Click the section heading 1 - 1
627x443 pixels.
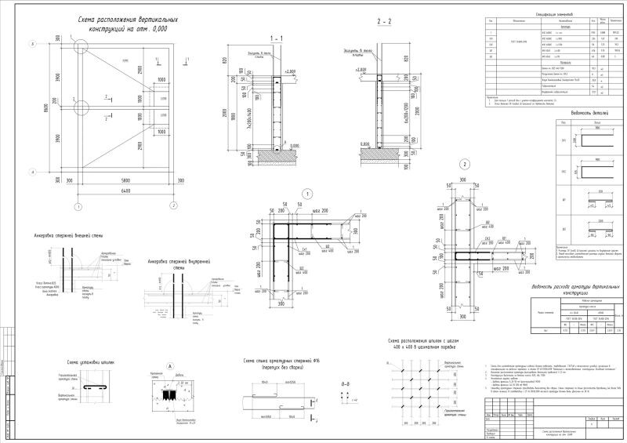[x=275, y=38]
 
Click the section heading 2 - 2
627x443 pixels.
[x=386, y=21]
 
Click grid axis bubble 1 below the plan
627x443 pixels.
[x=78, y=207]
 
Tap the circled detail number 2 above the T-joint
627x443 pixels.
[x=465, y=165]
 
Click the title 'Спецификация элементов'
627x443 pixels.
[x=534, y=13]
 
